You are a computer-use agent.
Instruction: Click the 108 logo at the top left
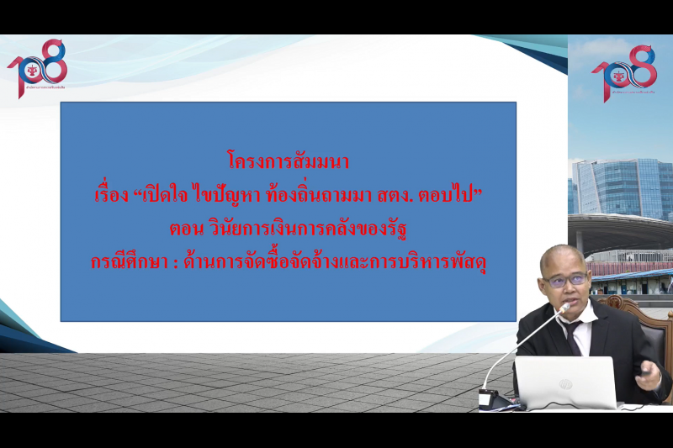click(x=37, y=67)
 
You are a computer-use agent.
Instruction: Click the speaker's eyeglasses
click(x=560, y=280)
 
